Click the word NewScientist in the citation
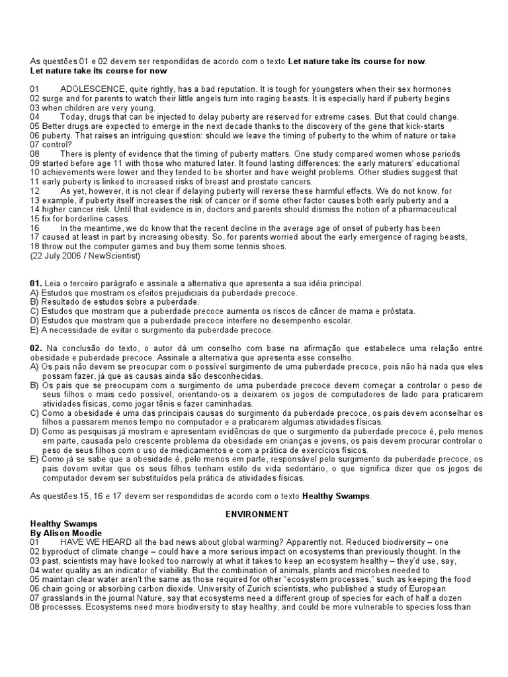click(112, 255)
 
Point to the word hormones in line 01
click(431, 89)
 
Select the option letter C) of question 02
click(35, 413)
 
